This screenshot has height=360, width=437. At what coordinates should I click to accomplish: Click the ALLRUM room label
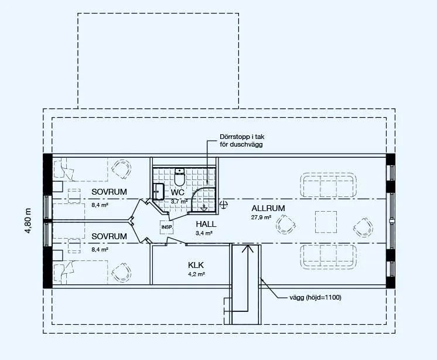pos(268,208)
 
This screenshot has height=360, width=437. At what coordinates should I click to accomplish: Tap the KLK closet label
pos(196,265)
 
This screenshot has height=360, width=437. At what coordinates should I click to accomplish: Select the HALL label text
pos(206,224)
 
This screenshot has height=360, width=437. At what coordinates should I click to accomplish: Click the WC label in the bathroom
pos(177,192)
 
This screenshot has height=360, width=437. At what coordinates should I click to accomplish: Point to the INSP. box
pos(167,227)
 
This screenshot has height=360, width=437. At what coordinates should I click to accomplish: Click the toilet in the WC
pos(179,177)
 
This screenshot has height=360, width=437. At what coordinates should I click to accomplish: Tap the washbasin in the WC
pos(158,192)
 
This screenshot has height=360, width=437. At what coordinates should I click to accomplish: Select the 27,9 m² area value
pos(261,217)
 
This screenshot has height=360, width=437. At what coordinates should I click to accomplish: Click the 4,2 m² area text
pos(196,274)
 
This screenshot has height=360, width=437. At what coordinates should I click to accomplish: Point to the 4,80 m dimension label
pos(28,220)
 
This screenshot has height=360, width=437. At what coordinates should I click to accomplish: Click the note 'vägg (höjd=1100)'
pos(315,297)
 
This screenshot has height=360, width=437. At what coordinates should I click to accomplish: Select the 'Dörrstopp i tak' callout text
pos(242,137)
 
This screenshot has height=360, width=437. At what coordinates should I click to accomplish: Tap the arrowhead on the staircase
pos(247,249)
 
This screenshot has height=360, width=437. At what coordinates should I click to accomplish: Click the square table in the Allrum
pos(326,222)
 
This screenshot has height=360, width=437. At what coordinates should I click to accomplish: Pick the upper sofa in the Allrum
pos(328,185)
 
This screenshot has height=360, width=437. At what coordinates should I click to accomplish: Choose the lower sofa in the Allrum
pos(328,257)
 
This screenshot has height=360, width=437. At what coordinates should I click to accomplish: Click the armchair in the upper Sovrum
pos(121,169)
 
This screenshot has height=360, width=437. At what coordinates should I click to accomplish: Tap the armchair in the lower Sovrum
pos(121,273)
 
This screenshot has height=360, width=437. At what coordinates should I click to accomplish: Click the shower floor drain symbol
pos(204,207)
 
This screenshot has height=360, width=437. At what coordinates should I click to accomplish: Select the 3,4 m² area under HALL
pos(204,233)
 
